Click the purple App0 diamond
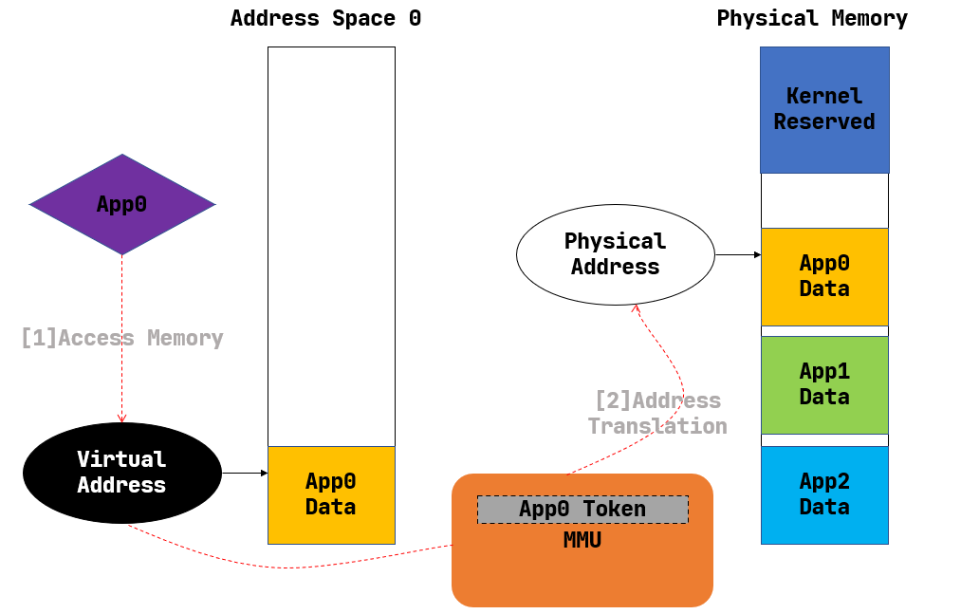pyautogui.click(x=122, y=204)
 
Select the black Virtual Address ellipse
pyautogui.click(x=121, y=473)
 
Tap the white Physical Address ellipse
pyautogui.click(x=615, y=254)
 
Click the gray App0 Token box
pyautogui.click(x=582, y=510)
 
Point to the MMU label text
pyautogui.click(x=582, y=541)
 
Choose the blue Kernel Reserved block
pyautogui.click(x=824, y=110)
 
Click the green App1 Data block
pyautogui.click(x=824, y=384)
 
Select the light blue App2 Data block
pyautogui.click(x=824, y=494)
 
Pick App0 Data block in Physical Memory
pyautogui.click(x=824, y=276)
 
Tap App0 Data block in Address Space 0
pyautogui.click(x=331, y=494)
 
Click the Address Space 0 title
pyautogui.click(x=325, y=19)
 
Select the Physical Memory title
pyautogui.click(x=812, y=19)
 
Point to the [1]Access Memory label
pyautogui.click(x=121, y=338)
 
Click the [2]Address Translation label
pyautogui.click(x=657, y=414)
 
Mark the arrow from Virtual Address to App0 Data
pyautogui.click(x=245, y=473)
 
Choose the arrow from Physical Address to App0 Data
pyautogui.click(x=738, y=254)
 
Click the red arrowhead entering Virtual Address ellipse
pyautogui.click(x=121, y=418)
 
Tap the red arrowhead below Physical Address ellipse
pyautogui.click(x=637, y=308)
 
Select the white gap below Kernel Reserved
pyautogui.click(x=824, y=200)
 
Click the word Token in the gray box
pyautogui.click(x=615, y=510)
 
